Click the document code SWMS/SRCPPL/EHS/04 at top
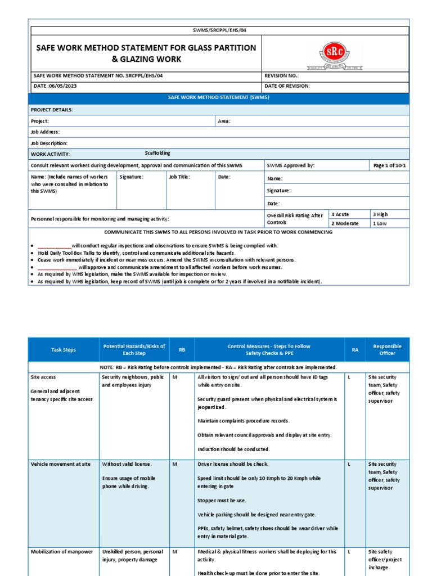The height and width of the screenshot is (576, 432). [219, 30]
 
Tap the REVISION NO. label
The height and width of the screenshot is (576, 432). [281, 75]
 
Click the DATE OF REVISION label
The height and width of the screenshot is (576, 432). [287, 86]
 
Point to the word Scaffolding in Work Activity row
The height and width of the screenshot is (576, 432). [157, 153]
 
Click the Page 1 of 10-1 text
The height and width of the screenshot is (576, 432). [389, 166]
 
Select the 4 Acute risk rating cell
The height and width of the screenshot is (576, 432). [341, 214]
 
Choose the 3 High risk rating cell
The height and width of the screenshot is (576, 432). [380, 214]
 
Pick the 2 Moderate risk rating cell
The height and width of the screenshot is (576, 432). [345, 223]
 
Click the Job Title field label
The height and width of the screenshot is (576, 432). [179, 177]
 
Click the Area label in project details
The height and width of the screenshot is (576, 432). [224, 121]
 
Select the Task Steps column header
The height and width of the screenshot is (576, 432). [63, 350]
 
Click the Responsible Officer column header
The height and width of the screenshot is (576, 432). [387, 350]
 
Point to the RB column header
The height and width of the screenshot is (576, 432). [182, 350]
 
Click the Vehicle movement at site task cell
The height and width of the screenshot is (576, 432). [61, 464]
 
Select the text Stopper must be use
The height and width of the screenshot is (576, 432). [222, 500]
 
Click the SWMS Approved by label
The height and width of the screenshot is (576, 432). [291, 166]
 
